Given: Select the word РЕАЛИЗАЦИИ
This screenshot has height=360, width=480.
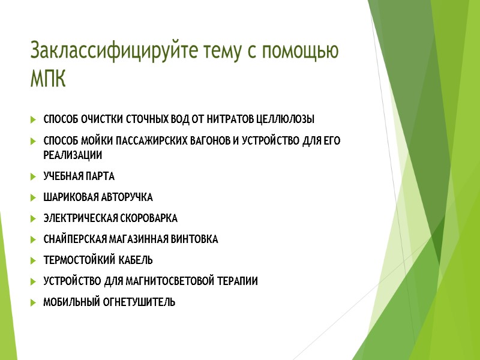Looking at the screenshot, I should click(73, 155).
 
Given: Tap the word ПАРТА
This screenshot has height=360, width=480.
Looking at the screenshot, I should click(99, 176).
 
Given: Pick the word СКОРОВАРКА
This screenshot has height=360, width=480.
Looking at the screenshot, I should click(145, 218).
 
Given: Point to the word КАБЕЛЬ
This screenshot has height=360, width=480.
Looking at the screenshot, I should click(135, 260).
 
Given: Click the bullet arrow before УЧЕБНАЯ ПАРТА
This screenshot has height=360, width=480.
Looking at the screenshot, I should click(32, 176).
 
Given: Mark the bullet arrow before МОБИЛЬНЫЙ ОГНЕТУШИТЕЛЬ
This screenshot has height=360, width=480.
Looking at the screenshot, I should click(32, 302).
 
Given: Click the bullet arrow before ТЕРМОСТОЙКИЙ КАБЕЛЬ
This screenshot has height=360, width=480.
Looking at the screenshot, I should click(32, 260).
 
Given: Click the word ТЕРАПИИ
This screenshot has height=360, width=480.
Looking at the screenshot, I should click(238, 281).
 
